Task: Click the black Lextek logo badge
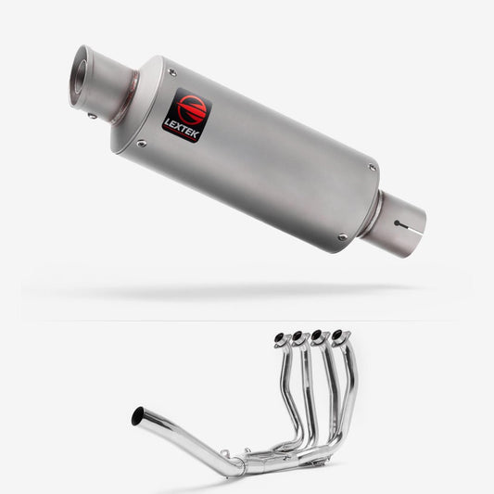187,116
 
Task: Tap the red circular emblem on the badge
192,108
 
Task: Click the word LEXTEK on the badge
182,129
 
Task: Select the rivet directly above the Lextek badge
172,72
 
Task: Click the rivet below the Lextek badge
142,144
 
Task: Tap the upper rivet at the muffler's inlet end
373,167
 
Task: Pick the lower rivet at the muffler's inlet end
342,236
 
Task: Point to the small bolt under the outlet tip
93,116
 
